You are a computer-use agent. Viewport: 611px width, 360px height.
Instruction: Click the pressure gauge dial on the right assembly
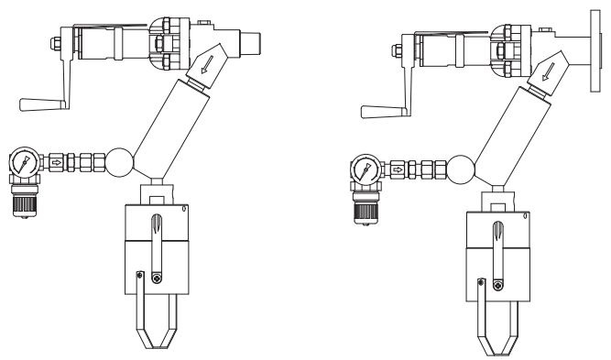(366, 169)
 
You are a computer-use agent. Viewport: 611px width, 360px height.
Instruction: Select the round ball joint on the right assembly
(462, 169)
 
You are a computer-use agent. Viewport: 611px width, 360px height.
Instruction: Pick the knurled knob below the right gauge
(366, 207)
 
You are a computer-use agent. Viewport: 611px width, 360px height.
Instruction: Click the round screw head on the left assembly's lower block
(158, 278)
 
